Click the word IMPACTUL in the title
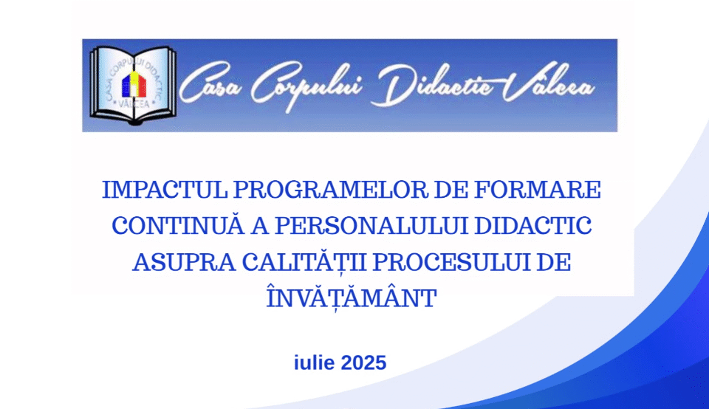point(165,190)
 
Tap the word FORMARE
point(537,190)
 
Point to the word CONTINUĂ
point(178,225)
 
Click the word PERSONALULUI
point(371,226)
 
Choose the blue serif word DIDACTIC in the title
point(532,226)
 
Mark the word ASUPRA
point(184,263)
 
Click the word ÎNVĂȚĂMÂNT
point(352,297)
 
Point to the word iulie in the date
point(315,362)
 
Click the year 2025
point(363,363)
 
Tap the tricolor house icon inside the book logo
point(134,84)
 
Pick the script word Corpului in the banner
point(306,86)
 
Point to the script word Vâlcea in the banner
point(548,84)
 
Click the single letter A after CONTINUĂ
point(259,226)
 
